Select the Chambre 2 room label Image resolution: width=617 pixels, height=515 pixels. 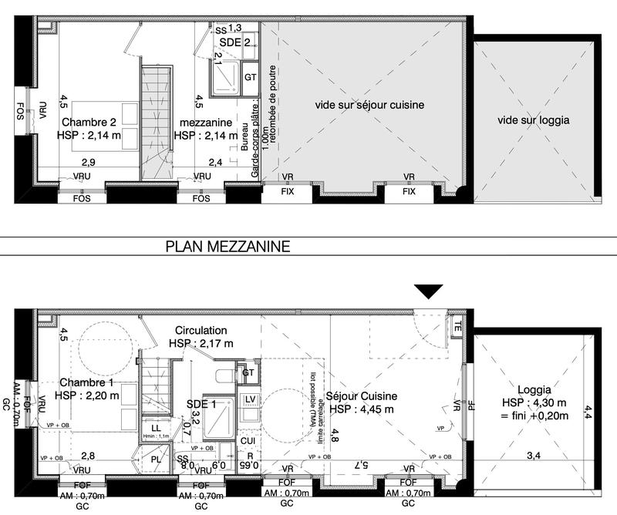tap(88, 123)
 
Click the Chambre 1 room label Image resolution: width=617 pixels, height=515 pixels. tap(87, 383)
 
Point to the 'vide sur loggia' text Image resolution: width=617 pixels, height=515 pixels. tap(534, 120)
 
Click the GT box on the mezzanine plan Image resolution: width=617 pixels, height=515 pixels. tap(250, 77)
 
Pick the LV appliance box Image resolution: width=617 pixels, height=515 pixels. tap(250, 399)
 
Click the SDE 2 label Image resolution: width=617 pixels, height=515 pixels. tap(234, 42)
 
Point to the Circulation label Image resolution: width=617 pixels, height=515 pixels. tap(201, 329)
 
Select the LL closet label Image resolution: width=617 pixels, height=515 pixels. tap(156, 427)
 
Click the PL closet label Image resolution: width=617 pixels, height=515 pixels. tap(156, 460)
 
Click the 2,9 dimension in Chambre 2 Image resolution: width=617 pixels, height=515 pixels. tap(89, 162)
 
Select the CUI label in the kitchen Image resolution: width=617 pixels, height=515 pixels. tap(248, 440)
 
